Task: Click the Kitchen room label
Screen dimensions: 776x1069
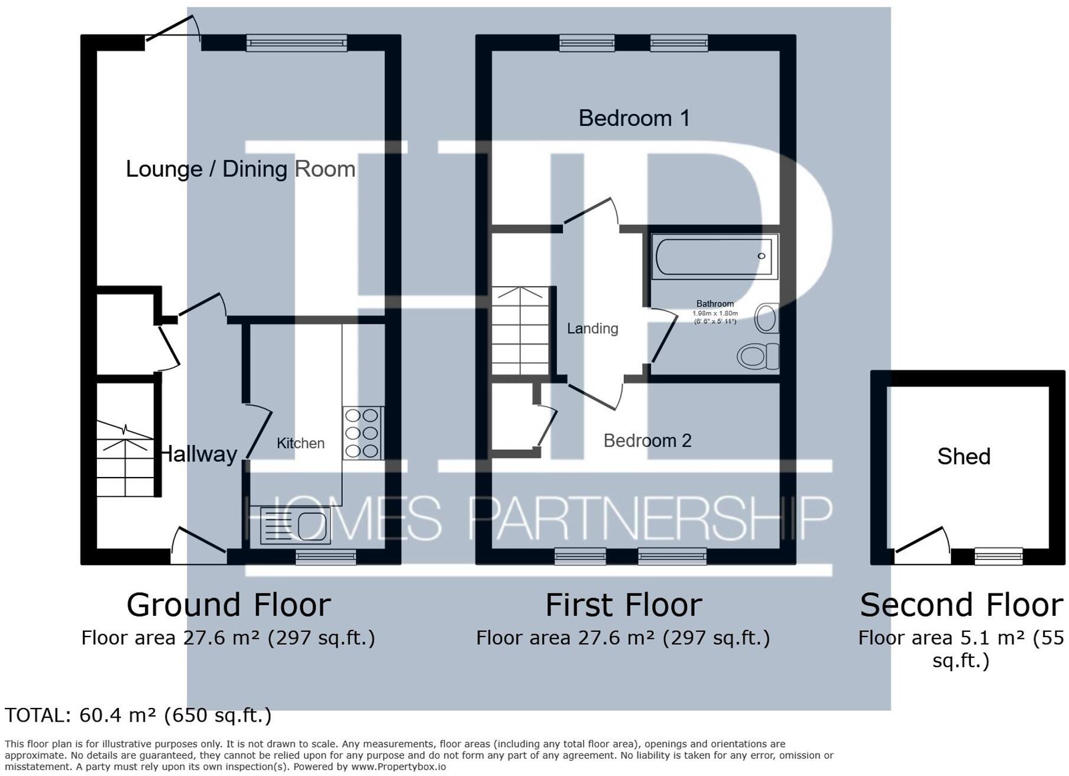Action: [x=300, y=443]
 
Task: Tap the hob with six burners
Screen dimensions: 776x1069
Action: [x=362, y=433]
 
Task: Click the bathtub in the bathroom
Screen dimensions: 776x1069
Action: [x=714, y=256]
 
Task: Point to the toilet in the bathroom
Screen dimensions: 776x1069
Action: [x=757, y=356]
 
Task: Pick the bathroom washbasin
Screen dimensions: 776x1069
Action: [x=766, y=319]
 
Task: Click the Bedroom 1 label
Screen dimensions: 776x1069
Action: [x=634, y=118]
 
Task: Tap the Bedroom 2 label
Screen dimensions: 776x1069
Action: [x=647, y=441]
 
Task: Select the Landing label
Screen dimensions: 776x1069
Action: [x=592, y=329]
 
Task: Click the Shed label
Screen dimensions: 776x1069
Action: [x=964, y=456]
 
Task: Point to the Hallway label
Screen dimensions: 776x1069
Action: [x=199, y=454]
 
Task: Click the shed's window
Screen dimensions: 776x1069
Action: [x=998, y=556]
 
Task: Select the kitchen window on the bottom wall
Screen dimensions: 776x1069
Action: [x=326, y=557]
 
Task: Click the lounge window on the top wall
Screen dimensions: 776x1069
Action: [x=296, y=43]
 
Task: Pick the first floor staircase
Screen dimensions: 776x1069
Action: [x=520, y=331]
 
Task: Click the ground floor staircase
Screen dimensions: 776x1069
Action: [x=125, y=458]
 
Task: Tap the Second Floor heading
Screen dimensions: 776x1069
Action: [x=961, y=605]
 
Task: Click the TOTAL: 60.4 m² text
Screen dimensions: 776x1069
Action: [x=138, y=716]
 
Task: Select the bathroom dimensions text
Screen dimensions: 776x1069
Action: [x=715, y=317]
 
